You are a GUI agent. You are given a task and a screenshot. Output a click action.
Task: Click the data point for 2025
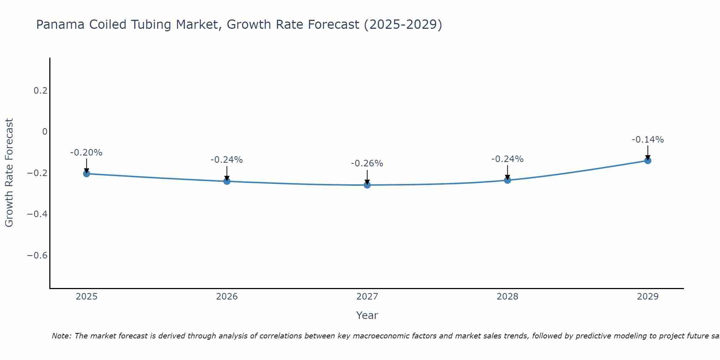pos(86,174)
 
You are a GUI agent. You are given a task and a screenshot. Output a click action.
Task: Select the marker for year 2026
pos(227,181)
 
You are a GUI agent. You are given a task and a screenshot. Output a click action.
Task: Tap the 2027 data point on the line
pos(367,185)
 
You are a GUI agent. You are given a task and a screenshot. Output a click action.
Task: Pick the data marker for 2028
pos(508,180)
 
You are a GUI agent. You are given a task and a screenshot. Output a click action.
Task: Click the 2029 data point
pos(648,161)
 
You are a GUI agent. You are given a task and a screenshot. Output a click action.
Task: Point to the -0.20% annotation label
pos(86,153)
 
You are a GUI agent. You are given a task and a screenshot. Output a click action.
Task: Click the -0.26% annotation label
pos(367,163)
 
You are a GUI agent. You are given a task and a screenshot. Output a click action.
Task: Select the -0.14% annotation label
pos(648,140)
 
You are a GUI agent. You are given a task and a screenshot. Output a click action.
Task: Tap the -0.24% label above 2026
pos(227,160)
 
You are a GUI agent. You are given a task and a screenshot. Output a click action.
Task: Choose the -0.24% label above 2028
pos(508,159)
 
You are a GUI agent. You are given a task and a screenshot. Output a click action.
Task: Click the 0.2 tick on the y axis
pos(40,91)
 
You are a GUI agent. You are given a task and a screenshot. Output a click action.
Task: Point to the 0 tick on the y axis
pos(45,132)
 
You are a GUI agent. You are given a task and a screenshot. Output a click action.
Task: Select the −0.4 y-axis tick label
pos(37,214)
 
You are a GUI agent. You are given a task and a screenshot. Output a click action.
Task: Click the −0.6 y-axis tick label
pos(37,256)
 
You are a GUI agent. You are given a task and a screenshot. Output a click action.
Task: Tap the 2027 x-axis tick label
pos(367,297)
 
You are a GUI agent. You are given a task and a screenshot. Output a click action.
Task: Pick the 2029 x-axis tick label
pos(648,297)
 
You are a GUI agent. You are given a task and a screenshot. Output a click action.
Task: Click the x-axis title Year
pos(367,315)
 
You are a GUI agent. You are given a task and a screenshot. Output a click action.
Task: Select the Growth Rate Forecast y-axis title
pos(9,173)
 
